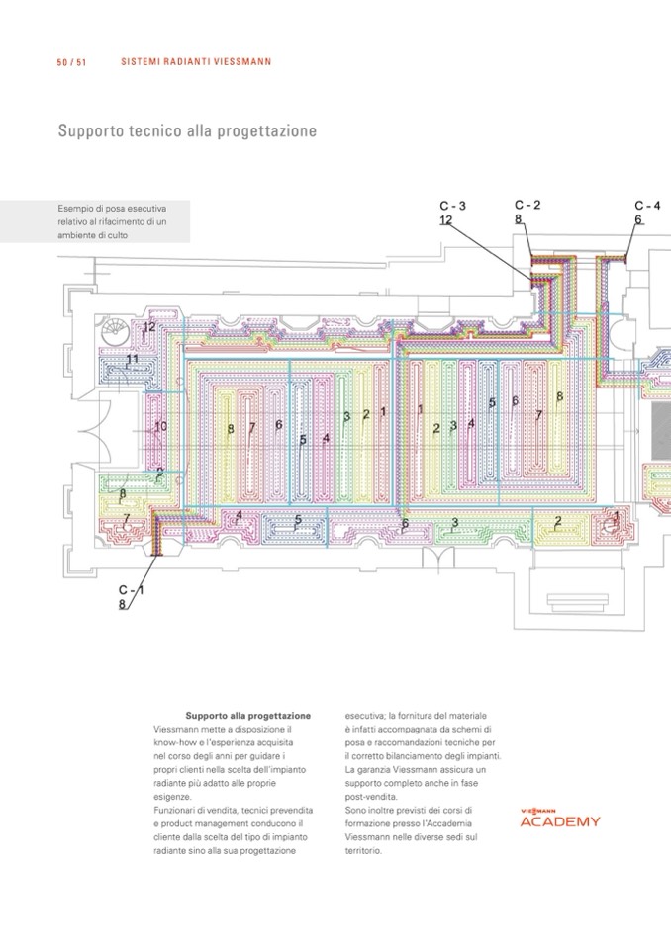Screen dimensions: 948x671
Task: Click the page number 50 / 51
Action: tap(72, 62)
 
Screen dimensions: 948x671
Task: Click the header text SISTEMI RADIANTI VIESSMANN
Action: tap(196, 62)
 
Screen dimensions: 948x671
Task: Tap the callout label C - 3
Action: tap(452, 206)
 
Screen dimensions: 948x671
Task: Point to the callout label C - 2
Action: tap(527, 205)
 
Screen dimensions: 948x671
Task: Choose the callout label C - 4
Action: tap(647, 206)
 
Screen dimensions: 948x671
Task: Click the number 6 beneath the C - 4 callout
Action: tap(638, 219)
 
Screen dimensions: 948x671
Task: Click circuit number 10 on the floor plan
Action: tap(160, 426)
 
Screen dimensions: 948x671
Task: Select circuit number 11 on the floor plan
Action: tap(132, 359)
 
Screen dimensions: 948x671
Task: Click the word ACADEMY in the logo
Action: tap(560, 821)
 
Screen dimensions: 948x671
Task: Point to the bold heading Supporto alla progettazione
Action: tap(248, 715)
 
